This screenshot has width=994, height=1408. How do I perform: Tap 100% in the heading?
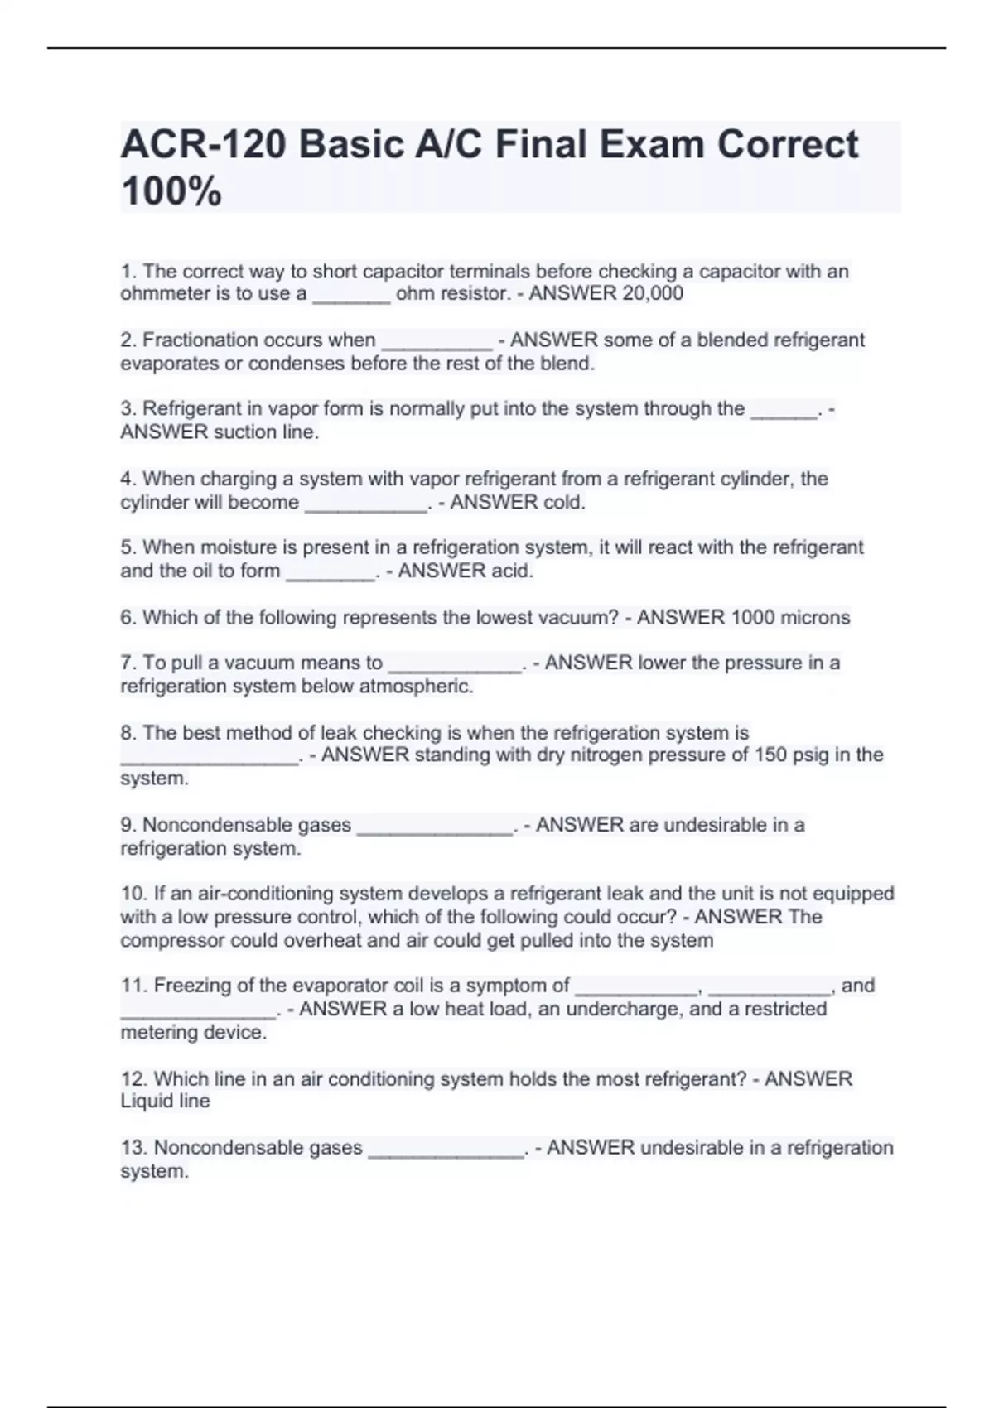point(171,191)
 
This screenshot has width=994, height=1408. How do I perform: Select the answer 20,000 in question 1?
point(653,293)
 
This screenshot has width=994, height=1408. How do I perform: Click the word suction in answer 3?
point(248,432)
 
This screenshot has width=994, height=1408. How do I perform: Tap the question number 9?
point(128,825)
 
